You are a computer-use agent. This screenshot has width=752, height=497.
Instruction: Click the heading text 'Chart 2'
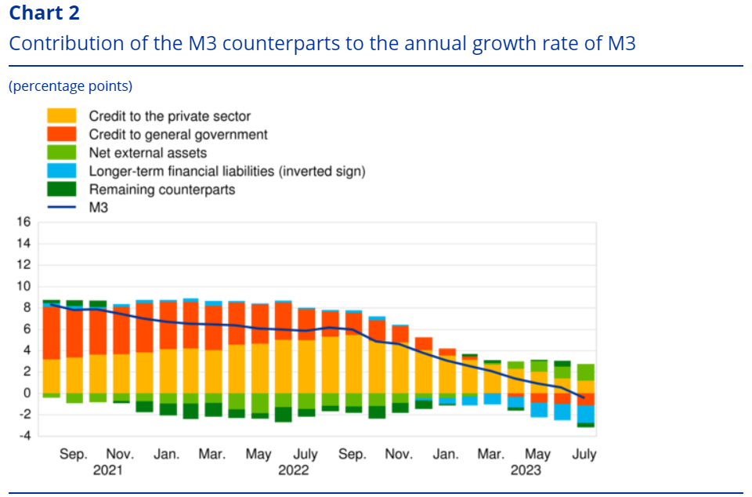44,13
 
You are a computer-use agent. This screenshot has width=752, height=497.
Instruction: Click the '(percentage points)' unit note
70,86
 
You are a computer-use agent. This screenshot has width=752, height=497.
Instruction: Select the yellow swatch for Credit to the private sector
62,116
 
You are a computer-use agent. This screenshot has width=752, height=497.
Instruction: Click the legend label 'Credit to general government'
178,134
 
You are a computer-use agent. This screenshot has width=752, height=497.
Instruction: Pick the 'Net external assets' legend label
148,152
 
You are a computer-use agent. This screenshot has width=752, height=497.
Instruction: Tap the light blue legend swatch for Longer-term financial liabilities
62,171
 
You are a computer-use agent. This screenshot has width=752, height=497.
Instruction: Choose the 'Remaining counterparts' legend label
162,189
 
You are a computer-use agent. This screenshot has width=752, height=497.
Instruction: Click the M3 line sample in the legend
62,207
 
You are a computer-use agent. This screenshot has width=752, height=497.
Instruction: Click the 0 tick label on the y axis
26,393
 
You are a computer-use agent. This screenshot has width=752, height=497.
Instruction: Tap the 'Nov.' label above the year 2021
120,454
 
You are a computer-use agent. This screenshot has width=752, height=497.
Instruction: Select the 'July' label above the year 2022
305,454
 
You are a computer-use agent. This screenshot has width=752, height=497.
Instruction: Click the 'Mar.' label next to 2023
490,454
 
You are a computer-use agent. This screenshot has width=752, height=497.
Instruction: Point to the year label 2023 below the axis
526,470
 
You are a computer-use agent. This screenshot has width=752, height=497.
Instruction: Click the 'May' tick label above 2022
258,454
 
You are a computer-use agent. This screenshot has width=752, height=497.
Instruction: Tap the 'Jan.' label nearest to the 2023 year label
445,454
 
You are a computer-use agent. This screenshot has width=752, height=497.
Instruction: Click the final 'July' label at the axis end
584,454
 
